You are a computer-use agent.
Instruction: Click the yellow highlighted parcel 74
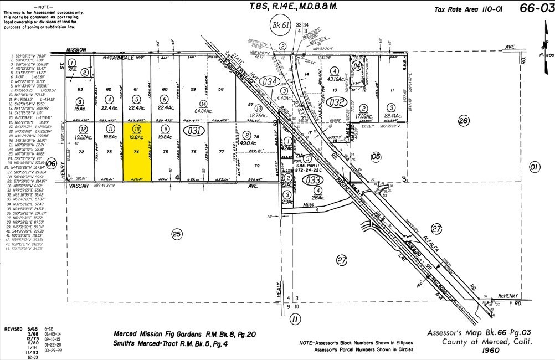137,152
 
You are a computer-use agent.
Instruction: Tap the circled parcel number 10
137,128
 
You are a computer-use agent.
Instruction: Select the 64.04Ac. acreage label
203,110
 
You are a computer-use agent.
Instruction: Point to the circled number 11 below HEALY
295,319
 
